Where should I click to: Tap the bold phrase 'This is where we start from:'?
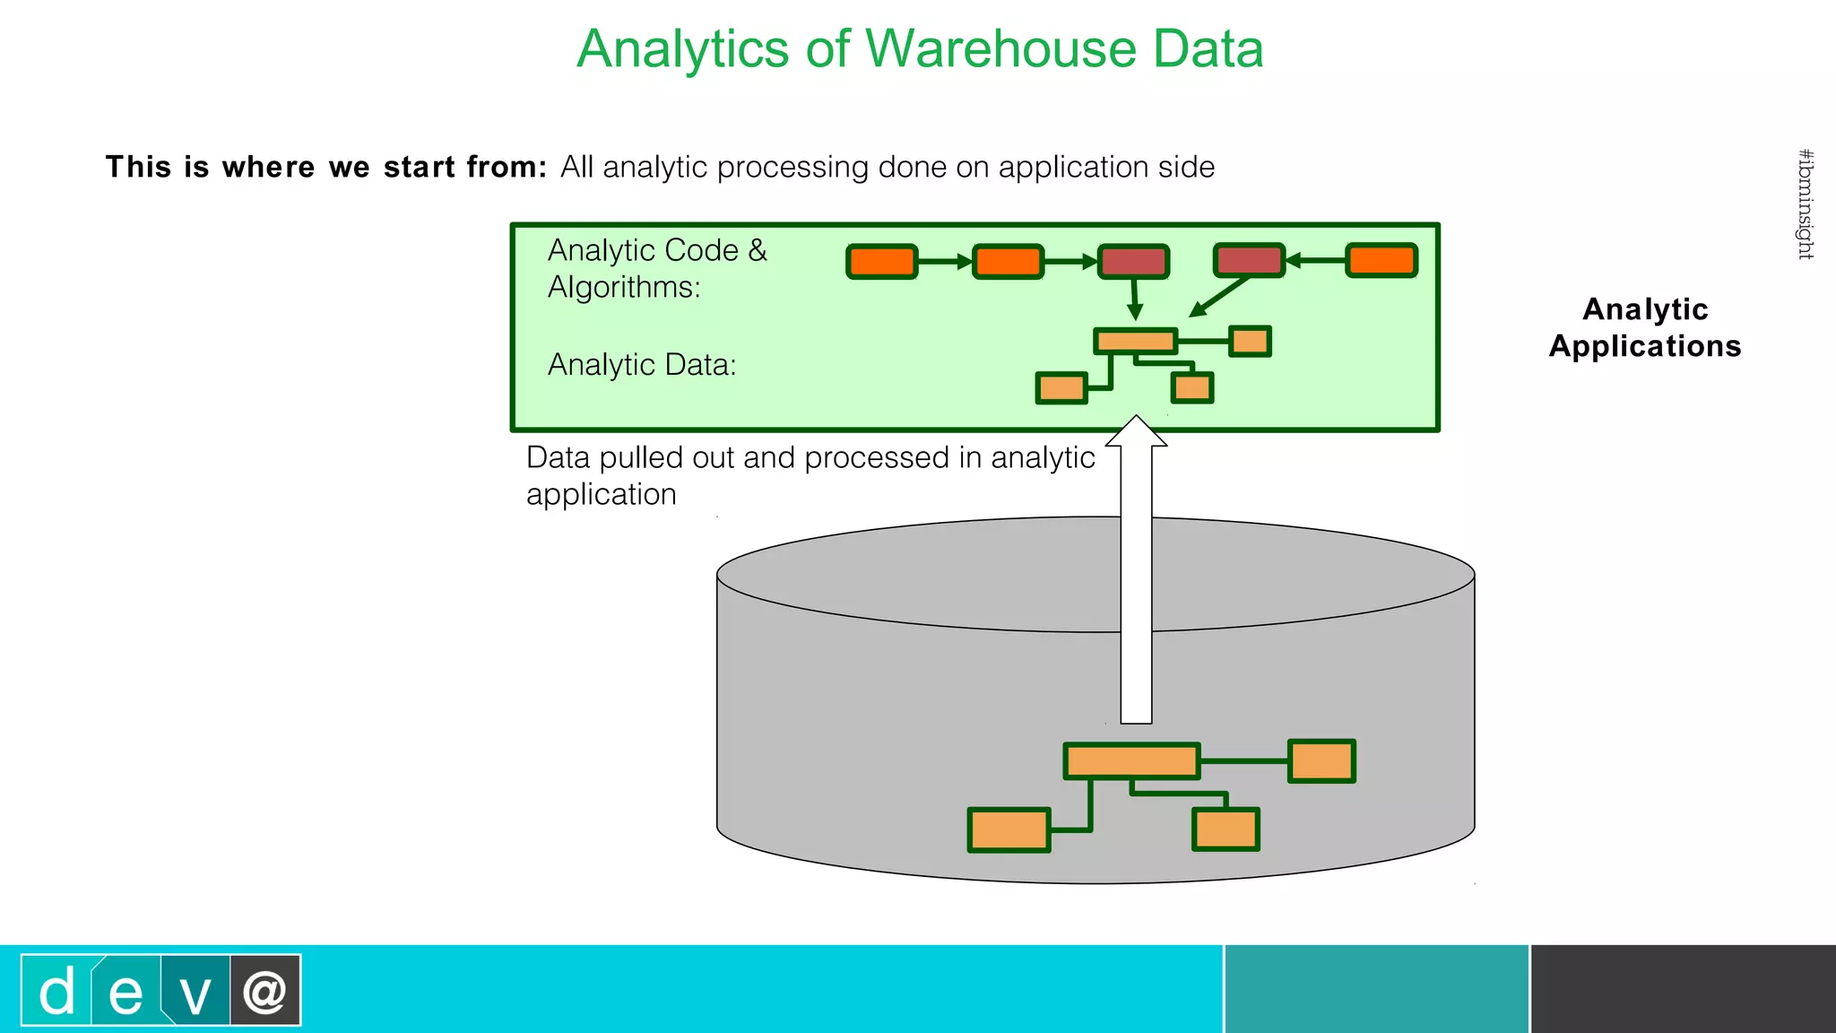coord(326,167)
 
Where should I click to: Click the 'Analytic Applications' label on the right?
coord(1644,327)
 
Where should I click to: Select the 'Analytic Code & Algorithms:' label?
coord(656,268)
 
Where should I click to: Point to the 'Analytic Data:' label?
coord(642,365)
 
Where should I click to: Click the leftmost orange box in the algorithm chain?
coord(882,262)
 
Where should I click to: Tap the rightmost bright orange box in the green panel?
coord(1381,261)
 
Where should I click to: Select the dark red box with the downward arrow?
coord(1133,262)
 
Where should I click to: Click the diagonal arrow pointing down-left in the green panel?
coord(1219,297)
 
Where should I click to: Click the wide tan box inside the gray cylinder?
coord(1131,761)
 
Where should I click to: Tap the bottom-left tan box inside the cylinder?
coord(1009,830)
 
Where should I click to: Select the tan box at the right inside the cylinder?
coord(1321,761)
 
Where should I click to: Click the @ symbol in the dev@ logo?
coord(264,991)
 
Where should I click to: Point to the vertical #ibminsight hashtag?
coord(1806,204)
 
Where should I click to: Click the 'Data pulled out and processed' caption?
coord(810,475)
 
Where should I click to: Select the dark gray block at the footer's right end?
coord(1683,988)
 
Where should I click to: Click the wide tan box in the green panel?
coord(1135,341)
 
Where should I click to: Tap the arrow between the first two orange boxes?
coord(945,262)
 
